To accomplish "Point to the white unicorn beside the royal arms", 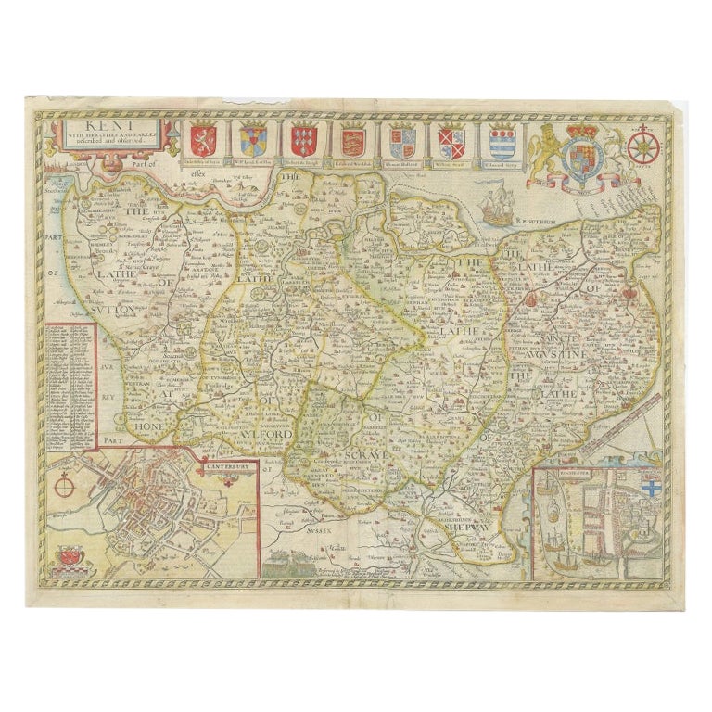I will point(610,151).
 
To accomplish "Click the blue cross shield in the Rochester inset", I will point(650,489).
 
